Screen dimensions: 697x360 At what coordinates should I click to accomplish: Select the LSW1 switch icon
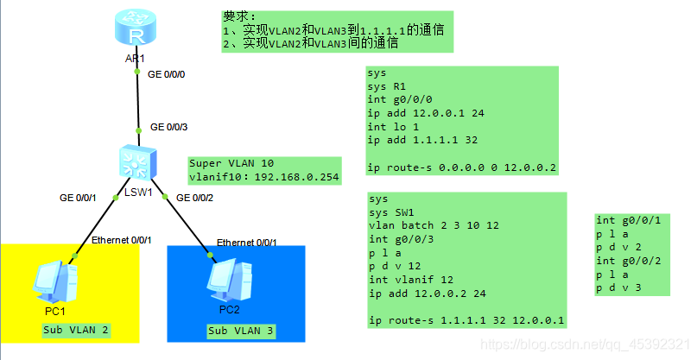coord(138,161)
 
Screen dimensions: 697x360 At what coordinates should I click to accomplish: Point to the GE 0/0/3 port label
coord(168,127)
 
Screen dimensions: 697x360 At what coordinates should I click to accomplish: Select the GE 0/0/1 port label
coord(78,199)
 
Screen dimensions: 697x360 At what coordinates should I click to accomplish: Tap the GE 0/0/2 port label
coord(194,198)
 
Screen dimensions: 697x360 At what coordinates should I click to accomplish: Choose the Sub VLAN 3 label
coord(240,330)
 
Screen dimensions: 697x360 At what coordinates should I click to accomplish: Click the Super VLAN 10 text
coord(231,163)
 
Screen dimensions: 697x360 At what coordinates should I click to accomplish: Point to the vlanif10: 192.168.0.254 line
coord(264,177)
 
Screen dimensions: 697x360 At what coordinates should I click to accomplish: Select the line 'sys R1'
coord(386,87)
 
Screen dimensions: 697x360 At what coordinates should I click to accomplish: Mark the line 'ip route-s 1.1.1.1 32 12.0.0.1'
coord(466,321)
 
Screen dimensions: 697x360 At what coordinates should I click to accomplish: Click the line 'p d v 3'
coord(619,287)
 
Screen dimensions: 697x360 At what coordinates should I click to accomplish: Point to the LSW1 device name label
coord(137,192)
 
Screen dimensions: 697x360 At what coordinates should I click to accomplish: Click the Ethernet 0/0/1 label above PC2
coord(247,243)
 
